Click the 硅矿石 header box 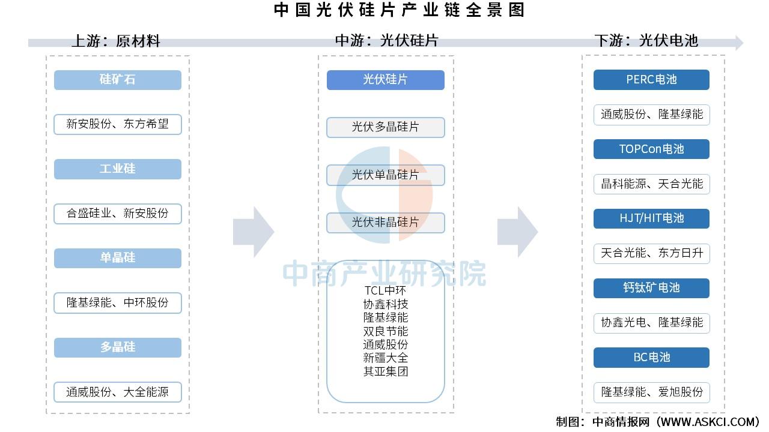coord(117,80)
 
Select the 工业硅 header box coord(117,169)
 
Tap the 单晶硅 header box coord(117,258)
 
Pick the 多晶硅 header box coord(117,347)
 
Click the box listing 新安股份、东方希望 coord(117,124)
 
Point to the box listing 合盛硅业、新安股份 coord(117,213)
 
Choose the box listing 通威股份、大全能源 coord(117,392)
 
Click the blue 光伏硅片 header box coord(385,80)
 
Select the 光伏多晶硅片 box coord(385,127)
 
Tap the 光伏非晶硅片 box coord(385,223)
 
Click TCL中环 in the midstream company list coord(385,291)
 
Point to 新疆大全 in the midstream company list coord(385,358)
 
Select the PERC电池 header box coord(651,80)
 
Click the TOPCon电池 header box coord(651,149)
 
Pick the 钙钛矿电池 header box coord(651,288)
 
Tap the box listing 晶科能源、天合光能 coord(651,184)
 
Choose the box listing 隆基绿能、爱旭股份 coord(651,392)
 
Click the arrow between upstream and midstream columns coord(253,232)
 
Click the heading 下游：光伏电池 coord(646,40)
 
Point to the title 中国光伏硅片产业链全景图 coord(399,10)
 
